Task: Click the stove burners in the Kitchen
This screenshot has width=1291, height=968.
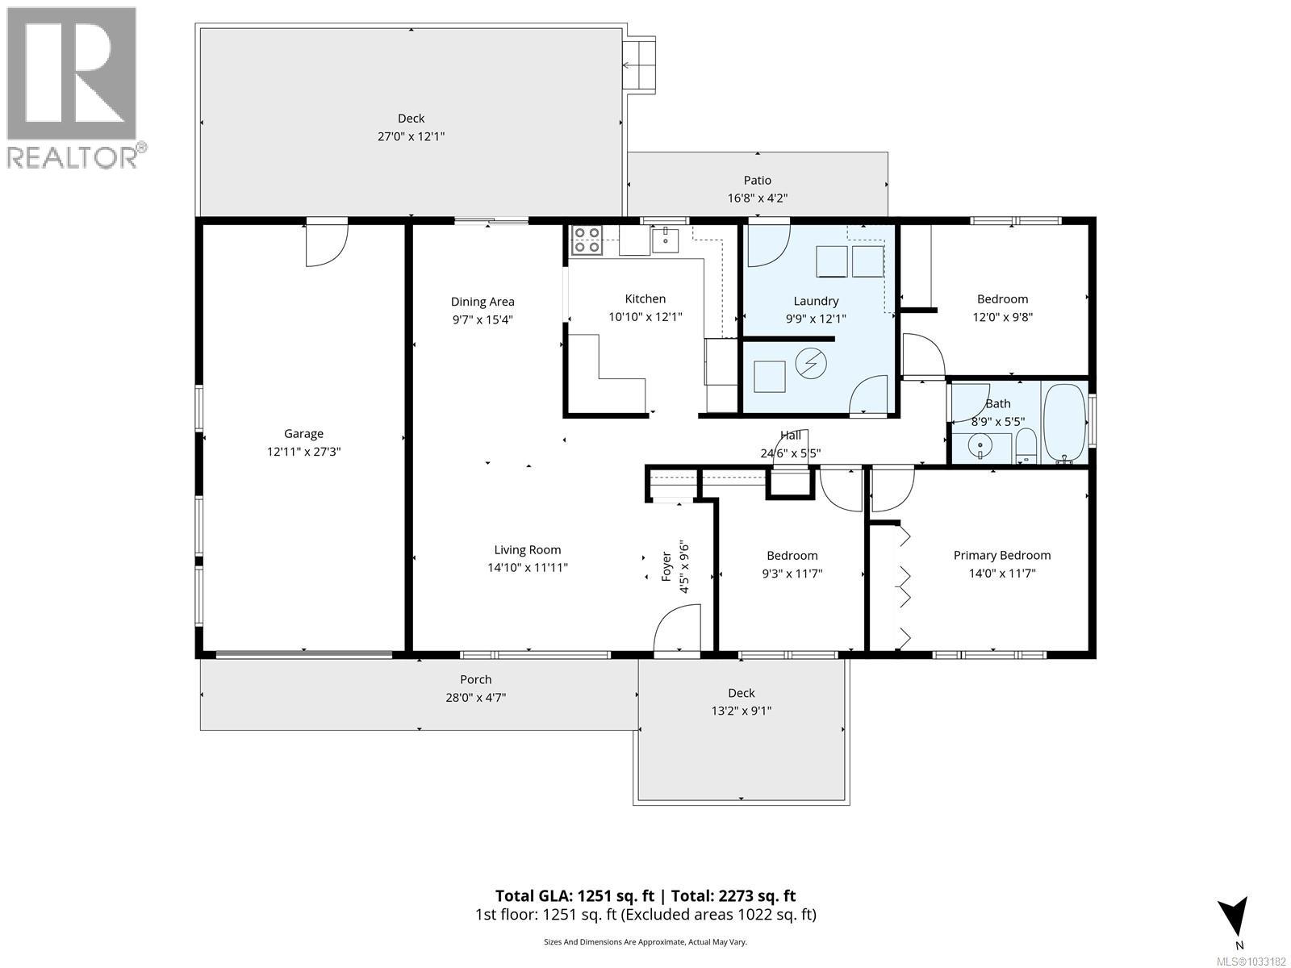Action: [x=587, y=240]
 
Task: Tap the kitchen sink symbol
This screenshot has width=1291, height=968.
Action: [x=666, y=240]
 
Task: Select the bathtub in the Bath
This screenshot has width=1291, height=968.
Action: [x=1065, y=423]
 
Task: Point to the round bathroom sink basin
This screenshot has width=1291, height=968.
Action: [x=980, y=445]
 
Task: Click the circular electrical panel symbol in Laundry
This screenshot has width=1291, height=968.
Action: [x=808, y=365]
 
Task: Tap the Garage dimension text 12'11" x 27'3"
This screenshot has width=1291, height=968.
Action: [x=303, y=452]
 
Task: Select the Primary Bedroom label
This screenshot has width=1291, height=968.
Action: [x=1001, y=555]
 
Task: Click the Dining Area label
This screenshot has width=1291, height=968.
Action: [x=482, y=302]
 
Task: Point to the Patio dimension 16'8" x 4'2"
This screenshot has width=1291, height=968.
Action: [x=757, y=198]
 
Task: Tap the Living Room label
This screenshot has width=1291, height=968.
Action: [x=527, y=550]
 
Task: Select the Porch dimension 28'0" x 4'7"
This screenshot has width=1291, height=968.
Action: [x=475, y=698]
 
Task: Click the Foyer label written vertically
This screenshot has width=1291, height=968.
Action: [x=666, y=565]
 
